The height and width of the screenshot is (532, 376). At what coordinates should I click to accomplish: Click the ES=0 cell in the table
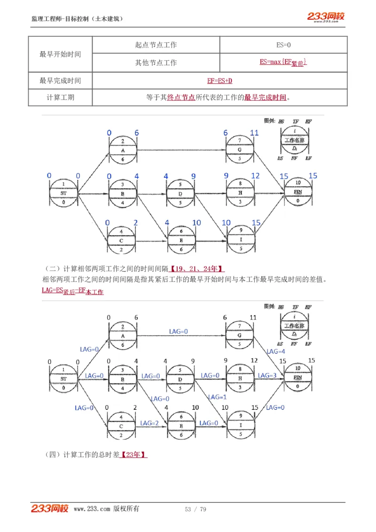point(283,45)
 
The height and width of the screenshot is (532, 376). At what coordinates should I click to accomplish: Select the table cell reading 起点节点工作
point(156,45)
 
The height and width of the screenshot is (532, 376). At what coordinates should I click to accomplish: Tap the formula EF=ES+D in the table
point(219,81)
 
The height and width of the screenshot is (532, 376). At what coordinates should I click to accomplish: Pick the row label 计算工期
point(60,98)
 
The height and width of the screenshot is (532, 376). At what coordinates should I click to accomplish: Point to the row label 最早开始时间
point(60,54)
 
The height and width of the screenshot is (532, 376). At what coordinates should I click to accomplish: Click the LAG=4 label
point(275,351)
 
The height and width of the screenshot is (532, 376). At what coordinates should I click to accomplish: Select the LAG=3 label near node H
point(267,376)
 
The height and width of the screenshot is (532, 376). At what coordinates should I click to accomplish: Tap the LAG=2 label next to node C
point(149,423)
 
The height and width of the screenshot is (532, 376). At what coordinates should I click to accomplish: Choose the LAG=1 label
point(218,397)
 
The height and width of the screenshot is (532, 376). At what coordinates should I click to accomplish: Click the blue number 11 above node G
point(254,133)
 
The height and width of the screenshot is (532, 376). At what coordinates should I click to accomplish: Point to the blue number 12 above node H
point(255,176)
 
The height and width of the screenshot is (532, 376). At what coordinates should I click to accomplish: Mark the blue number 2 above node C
point(136,223)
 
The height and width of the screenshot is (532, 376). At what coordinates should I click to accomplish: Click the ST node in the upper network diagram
point(63,193)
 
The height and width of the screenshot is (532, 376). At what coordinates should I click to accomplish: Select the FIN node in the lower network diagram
point(298,378)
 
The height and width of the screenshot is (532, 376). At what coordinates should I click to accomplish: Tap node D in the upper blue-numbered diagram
point(180,193)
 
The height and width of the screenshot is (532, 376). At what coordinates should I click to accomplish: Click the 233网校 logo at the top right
point(326,17)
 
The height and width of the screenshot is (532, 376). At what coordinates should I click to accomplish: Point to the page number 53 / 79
point(196,509)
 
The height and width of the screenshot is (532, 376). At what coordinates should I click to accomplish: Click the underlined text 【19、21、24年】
point(197,269)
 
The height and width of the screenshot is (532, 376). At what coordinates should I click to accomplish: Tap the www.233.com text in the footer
point(92,509)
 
